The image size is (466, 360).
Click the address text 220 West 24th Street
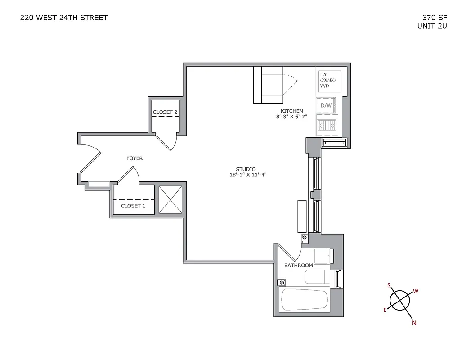click(x=64, y=18)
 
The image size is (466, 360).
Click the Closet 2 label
click(x=165, y=112)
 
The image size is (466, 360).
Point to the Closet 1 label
click(x=133, y=206)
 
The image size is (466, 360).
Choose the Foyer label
click(x=134, y=158)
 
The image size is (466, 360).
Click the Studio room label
click(x=246, y=169)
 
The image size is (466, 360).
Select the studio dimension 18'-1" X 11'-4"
click(x=248, y=175)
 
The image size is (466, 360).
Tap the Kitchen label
click(x=292, y=111)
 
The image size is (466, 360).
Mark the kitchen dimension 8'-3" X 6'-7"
click(x=291, y=117)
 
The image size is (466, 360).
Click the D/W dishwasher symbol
click(x=326, y=106)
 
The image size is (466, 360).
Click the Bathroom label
click(x=298, y=265)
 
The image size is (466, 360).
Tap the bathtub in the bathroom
click(x=304, y=299)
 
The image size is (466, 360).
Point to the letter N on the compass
click(x=414, y=322)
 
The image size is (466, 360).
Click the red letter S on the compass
click(x=389, y=285)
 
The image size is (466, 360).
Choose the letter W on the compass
click(x=416, y=291)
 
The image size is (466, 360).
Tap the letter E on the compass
click(x=385, y=310)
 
